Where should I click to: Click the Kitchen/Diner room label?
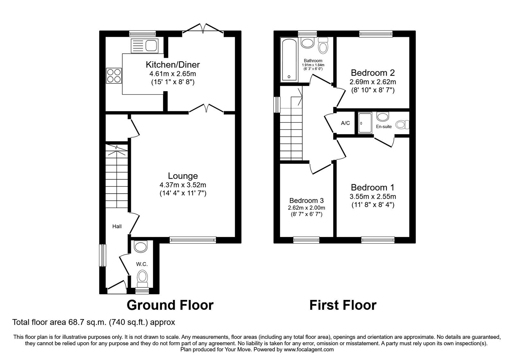(x=173, y=65)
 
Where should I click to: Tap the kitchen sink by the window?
(x=144, y=45)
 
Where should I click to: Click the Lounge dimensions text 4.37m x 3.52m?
(x=183, y=185)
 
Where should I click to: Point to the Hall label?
(x=117, y=227)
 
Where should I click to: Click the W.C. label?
(x=142, y=264)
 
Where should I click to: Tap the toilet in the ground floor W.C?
(x=142, y=278)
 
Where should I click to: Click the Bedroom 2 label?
(x=373, y=72)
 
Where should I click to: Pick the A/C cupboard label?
(x=345, y=123)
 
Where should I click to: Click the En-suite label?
(x=384, y=127)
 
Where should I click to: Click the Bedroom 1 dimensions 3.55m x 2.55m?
(x=373, y=196)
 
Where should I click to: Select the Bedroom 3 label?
(x=306, y=200)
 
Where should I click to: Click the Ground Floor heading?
(x=170, y=305)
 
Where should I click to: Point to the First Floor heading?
(x=343, y=305)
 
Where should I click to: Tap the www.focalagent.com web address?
(x=309, y=349)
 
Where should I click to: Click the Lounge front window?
(x=193, y=239)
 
